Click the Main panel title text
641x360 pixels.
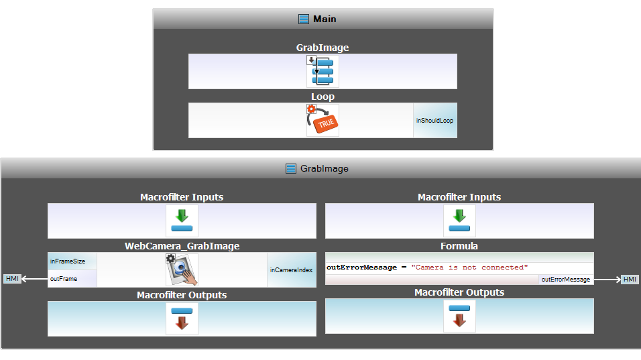pyautogui.click(x=325, y=19)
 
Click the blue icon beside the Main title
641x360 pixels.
pyautogui.click(x=304, y=19)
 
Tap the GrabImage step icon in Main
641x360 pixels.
pyautogui.click(x=323, y=71)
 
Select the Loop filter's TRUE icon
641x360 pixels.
pyautogui.click(x=323, y=121)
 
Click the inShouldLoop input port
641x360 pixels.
pyautogui.click(x=434, y=121)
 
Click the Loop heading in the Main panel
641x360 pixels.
pyautogui.click(x=323, y=97)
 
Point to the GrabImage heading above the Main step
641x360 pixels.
pyautogui.click(x=323, y=48)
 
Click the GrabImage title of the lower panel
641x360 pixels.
pyautogui.click(x=324, y=168)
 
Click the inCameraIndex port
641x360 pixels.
pyautogui.click(x=291, y=270)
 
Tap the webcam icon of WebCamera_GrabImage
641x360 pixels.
pyautogui.click(x=182, y=270)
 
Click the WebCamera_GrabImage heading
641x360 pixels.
pyautogui.click(x=182, y=246)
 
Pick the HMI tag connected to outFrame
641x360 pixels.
pyautogui.click(x=13, y=279)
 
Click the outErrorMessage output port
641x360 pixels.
pyautogui.click(x=566, y=280)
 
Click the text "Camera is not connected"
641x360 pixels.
pyautogui.click(x=469, y=267)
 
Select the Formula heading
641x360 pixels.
pyautogui.click(x=459, y=246)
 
